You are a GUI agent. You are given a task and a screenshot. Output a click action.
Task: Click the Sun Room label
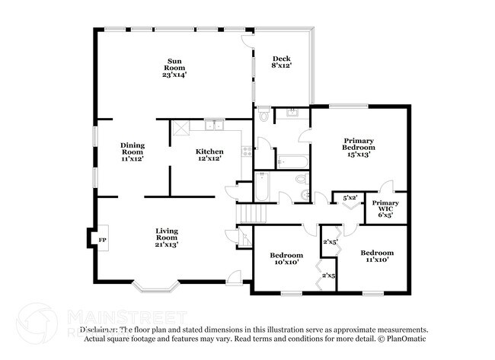[174, 68]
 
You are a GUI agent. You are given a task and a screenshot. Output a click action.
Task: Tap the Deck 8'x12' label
[281, 63]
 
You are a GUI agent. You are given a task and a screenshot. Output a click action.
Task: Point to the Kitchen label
[209, 155]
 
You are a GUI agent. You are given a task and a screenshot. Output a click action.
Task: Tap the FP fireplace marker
[101, 241]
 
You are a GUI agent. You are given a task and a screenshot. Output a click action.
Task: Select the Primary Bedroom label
[359, 148]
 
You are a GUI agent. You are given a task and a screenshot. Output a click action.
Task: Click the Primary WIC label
[385, 209]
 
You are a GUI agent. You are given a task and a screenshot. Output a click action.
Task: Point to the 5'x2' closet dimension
[350, 198]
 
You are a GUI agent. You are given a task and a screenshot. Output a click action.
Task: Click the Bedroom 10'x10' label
[286, 258]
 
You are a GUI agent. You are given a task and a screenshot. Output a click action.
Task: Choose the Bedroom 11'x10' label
[377, 256]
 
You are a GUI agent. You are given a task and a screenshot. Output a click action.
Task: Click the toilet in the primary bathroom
[263, 116]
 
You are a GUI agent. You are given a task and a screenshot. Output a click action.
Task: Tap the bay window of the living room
[156, 287]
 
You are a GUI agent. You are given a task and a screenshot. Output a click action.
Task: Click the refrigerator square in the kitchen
[180, 128]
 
